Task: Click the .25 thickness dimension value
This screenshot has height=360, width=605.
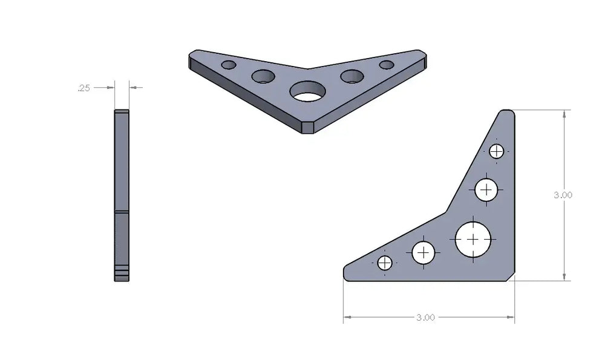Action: point(83,88)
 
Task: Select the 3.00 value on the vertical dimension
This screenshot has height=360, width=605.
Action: point(563,195)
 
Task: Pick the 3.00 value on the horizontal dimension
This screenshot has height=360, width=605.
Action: point(425,317)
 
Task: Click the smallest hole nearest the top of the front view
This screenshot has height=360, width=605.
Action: point(497,151)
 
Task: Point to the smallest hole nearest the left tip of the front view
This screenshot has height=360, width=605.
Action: point(385,263)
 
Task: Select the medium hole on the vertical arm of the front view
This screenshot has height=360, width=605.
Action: point(486,189)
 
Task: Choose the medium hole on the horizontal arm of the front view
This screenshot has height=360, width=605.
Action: point(424,252)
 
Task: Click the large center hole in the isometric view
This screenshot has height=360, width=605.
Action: point(307,93)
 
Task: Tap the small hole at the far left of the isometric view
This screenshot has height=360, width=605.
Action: point(229,65)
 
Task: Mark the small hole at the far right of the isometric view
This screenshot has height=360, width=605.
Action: point(387,65)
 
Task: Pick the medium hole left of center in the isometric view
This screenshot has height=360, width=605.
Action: point(263,76)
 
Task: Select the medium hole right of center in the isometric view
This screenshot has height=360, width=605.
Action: point(352,76)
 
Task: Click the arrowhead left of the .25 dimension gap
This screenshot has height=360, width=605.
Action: point(111,88)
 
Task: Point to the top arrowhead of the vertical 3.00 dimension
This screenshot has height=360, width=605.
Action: point(564,113)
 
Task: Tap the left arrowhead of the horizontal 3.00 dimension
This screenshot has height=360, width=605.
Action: point(347,316)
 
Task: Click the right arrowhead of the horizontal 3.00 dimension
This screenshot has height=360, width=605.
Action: point(511,316)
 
